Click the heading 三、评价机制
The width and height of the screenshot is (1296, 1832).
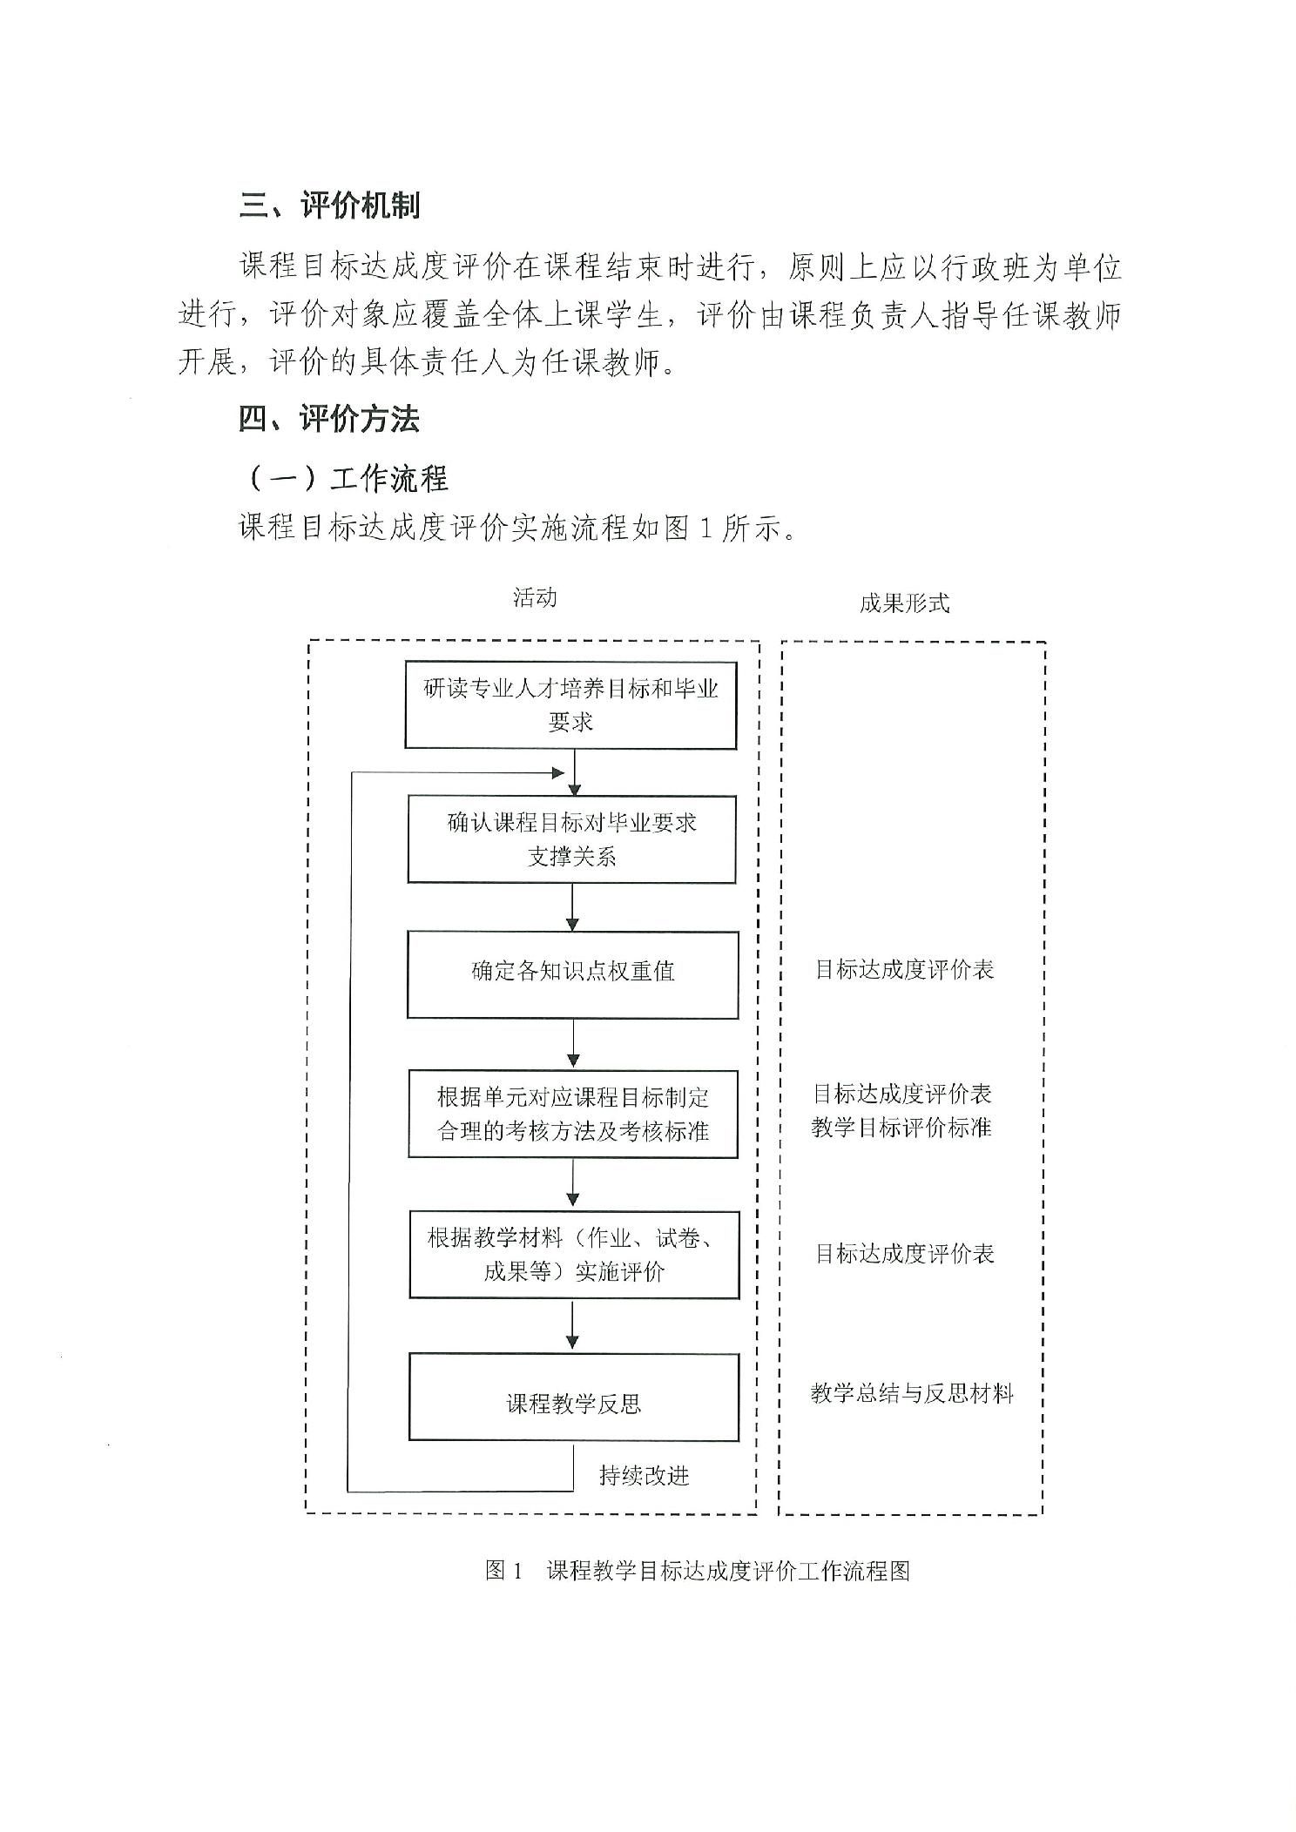330,205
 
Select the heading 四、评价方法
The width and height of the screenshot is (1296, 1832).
330,420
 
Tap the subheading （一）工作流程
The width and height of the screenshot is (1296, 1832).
345,478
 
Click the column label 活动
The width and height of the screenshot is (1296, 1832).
535,597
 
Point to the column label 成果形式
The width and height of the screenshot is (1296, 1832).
904,603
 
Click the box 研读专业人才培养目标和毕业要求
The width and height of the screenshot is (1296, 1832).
570,704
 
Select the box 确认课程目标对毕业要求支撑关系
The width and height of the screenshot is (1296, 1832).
572,839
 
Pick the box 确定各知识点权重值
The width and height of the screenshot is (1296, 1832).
573,974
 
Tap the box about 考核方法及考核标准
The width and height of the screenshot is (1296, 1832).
573,1114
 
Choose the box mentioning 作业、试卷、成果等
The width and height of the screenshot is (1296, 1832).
574,1255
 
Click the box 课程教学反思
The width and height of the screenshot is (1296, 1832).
574,1397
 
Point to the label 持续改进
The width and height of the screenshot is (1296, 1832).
645,1475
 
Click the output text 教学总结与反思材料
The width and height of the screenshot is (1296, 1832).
912,1393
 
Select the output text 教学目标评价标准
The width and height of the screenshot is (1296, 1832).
901,1128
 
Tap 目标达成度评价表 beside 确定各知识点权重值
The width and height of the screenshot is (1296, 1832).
904,970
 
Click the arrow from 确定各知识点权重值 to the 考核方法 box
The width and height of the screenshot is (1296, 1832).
573,1044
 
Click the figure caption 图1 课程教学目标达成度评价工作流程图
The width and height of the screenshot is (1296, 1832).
698,1571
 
